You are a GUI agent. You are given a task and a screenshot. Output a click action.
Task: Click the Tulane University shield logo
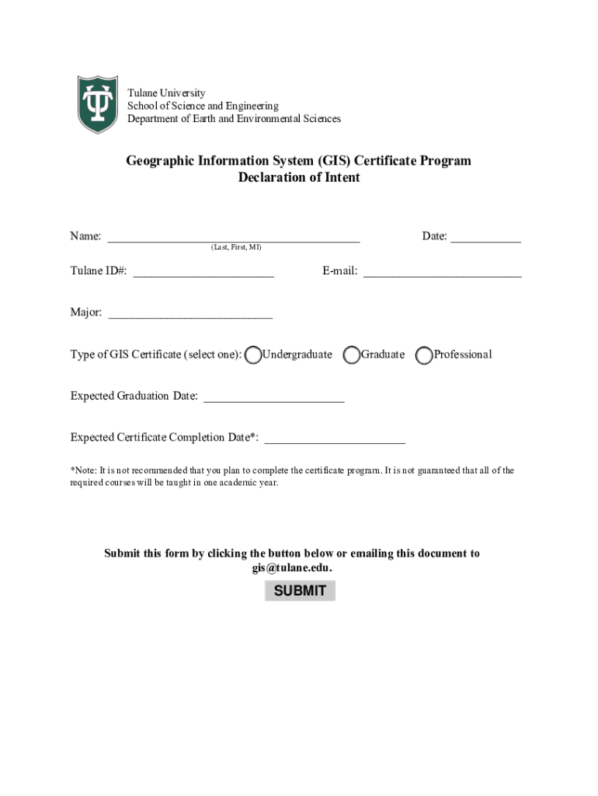coord(97,104)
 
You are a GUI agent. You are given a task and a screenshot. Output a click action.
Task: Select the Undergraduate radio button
coord(253,355)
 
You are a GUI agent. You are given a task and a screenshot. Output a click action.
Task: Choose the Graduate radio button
coord(352,355)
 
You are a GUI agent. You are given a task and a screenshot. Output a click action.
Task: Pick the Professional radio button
coord(424,355)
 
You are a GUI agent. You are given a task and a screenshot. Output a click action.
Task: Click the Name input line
coord(233,236)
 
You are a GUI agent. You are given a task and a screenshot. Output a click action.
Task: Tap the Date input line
coord(485,236)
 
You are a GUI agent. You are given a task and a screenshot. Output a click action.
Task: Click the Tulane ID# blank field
coord(203,271)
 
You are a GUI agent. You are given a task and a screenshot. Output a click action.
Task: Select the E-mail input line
coord(442,271)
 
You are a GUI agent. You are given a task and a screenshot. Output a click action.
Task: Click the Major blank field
coord(190,312)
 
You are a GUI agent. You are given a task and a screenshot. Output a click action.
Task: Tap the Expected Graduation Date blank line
coord(273,396)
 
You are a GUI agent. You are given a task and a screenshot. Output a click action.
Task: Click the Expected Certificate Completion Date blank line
coord(335,438)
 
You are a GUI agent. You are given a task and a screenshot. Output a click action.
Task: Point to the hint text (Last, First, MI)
coord(236,247)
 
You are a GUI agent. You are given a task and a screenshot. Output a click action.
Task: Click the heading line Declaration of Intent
coord(299,177)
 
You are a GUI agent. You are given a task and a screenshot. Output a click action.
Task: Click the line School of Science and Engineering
coord(203,106)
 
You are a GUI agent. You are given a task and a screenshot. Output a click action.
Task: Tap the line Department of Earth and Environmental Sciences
coord(234,119)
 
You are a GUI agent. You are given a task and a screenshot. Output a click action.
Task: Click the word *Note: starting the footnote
coord(83,470)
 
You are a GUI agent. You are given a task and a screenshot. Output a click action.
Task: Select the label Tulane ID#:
coord(99,271)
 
